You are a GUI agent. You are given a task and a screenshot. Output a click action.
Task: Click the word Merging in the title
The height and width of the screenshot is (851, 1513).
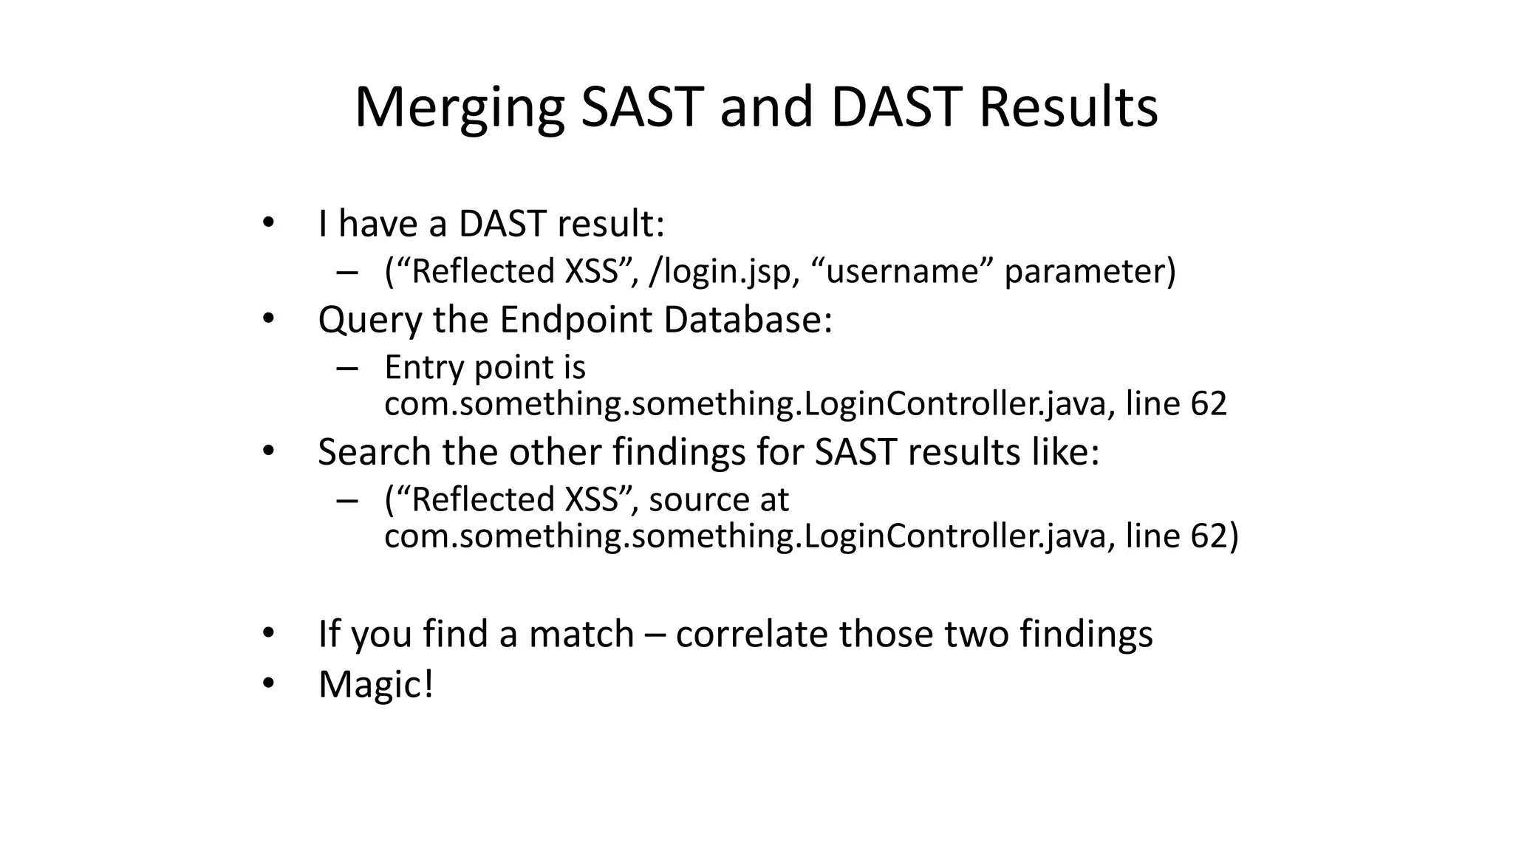point(459,108)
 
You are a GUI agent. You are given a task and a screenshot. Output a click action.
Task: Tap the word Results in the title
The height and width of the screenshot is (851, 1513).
point(1068,108)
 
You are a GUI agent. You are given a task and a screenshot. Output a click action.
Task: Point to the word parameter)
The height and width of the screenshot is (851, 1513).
point(1090,271)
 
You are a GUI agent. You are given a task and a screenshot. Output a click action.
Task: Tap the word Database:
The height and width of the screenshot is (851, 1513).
point(748,320)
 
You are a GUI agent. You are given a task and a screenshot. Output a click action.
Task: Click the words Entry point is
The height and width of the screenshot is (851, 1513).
point(485,367)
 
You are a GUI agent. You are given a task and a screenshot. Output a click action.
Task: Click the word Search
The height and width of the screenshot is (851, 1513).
point(375,451)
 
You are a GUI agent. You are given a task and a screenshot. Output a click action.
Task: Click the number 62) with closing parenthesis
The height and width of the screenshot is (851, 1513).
point(1214,535)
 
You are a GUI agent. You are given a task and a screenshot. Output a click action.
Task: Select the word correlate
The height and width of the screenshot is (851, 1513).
point(751,634)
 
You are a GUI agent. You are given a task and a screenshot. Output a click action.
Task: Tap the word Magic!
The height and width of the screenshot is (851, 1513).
point(375,684)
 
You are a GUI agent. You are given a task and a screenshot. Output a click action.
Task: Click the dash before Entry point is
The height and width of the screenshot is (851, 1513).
point(346,368)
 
